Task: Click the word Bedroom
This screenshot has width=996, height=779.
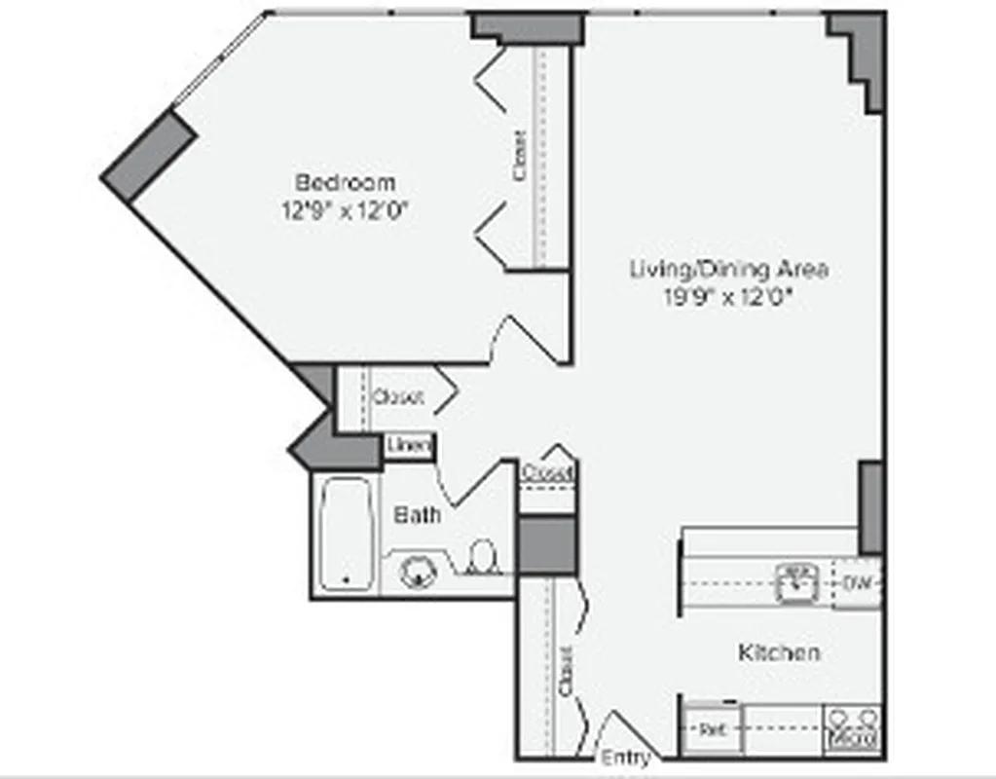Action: [346, 182]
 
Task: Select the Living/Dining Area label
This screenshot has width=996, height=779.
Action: [729, 269]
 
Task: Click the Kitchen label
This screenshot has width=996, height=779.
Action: [778, 652]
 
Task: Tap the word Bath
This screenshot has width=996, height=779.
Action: [417, 514]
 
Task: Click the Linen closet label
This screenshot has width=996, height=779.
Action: [408, 446]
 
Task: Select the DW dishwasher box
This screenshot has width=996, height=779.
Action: [857, 583]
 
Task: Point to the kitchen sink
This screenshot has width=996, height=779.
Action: [796, 582]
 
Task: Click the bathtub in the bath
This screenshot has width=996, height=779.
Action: [346, 535]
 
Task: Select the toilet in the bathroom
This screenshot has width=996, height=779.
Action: [482, 559]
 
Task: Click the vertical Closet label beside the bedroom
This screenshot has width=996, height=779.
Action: [520, 156]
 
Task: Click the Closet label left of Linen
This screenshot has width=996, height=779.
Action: [397, 397]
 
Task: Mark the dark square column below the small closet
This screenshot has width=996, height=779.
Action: [547, 546]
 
